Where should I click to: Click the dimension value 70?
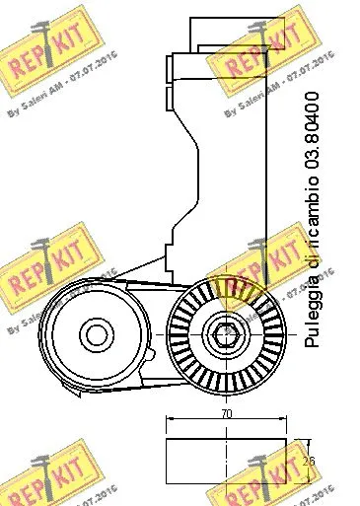(226, 414)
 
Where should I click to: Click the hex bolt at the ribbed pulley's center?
(226, 335)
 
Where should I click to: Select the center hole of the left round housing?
(96, 332)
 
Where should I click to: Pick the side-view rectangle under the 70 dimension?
(227, 459)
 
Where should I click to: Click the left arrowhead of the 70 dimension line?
(170, 422)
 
